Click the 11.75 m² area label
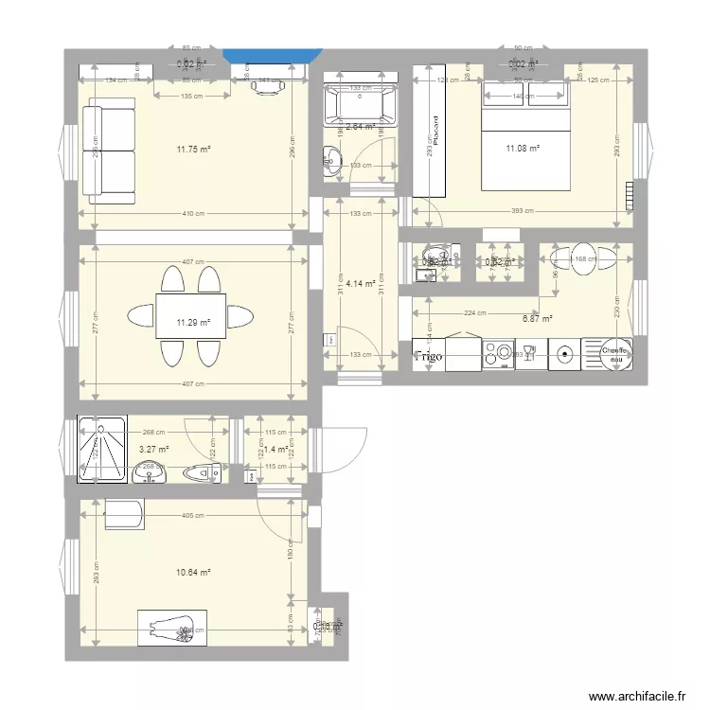pyautogui.click(x=192, y=149)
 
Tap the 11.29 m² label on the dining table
pyautogui.click(x=192, y=323)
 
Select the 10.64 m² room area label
pyautogui.click(x=192, y=572)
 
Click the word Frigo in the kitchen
pyautogui.click(x=428, y=357)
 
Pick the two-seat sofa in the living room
pyautogui.click(x=110, y=152)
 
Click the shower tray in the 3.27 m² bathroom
pyautogui.click(x=101, y=450)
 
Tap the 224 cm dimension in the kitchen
pyautogui.click(x=475, y=313)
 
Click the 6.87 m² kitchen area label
pyautogui.click(x=537, y=319)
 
